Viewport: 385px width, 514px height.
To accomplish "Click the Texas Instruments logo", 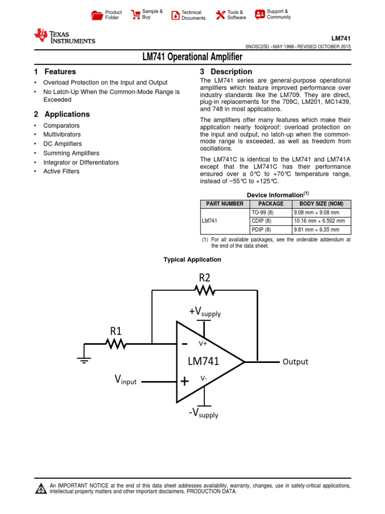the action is tap(64, 36).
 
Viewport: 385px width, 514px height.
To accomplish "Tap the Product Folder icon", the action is tap(97, 15).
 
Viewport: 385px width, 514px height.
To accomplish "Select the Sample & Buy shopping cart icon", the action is tap(135, 15).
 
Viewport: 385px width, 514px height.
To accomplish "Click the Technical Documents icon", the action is tap(175, 15).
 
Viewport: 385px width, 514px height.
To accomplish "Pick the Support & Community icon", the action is tap(260, 15).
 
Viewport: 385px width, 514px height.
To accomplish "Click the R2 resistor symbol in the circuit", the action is tap(205, 290).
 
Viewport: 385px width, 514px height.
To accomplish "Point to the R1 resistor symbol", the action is tap(116, 344).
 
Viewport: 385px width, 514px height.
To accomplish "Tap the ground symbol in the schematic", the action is tap(84, 358).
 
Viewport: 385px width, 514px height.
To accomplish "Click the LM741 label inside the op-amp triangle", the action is tap(203, 361).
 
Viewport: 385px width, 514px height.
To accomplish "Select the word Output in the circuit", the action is tap(295, 361).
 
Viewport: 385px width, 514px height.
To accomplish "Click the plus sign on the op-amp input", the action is tap(184, 381).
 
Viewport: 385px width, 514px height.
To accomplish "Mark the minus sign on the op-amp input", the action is tap(184, 344).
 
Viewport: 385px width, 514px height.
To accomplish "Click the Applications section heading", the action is tap(67, 114).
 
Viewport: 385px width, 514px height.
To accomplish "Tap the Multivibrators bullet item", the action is tap(62, 135).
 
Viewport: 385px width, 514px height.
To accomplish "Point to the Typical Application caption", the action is tap(192, 260).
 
